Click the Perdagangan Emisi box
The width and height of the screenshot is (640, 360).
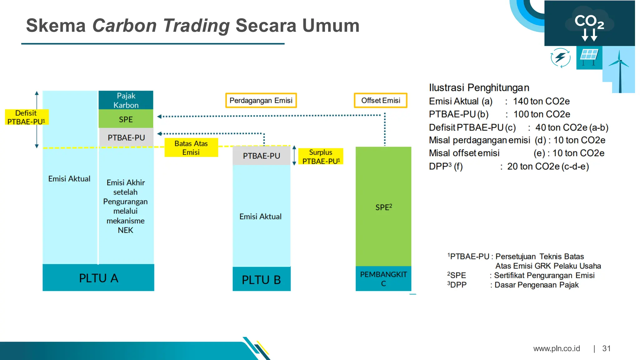[261, 100]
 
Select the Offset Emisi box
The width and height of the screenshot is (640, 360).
[380, 100]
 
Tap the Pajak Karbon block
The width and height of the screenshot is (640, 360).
[126, 100]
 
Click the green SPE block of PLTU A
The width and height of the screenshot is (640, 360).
[126, 119]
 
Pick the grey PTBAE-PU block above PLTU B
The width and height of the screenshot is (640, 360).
[262, 156]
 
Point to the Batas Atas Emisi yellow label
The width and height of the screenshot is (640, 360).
[191, 148]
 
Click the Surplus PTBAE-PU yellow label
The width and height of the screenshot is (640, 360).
[321, 157]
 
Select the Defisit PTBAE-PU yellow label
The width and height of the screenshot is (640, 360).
[27, 117]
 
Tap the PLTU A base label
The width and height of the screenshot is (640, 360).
[98, 278]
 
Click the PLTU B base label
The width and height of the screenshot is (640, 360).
[262, 279]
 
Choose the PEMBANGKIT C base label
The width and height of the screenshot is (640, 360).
[383, 279]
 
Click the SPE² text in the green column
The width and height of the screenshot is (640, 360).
[383, 207]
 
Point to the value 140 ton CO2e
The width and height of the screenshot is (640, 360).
[541, 101]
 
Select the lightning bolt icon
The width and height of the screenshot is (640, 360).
[560, 57]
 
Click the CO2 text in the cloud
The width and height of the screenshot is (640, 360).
[589, 21]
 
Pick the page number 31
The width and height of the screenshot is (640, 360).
[606, 348]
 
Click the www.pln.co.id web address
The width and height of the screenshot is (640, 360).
[557, 348]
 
